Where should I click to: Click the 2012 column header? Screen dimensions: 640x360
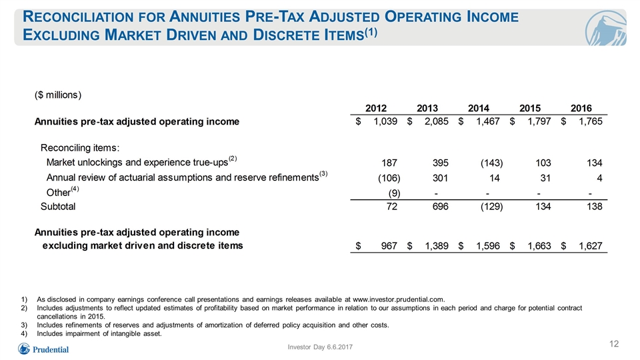click(375, 108)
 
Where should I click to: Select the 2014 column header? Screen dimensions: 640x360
click(479, 108)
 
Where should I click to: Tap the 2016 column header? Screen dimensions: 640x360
click(581, 108)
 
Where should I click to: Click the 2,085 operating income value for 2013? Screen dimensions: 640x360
click(436, 121)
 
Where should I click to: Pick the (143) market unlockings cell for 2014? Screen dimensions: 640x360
click(491, 163)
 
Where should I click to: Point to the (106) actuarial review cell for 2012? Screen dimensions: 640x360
click(389, 178)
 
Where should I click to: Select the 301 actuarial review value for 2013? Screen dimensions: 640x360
click(440, 178)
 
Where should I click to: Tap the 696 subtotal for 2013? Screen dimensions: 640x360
click(440, 207)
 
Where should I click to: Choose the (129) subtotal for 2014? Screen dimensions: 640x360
click(491, 207)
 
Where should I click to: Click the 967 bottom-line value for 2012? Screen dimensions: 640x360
click(389, 246)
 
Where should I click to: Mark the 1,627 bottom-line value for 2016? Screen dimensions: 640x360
click(590, 246)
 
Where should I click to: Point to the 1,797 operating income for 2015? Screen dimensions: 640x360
click(539, 121)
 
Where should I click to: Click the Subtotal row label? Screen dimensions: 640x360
click(58, 207)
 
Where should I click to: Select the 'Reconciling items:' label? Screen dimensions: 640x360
click(80, 148)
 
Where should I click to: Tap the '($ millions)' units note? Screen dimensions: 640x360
click(58, 95)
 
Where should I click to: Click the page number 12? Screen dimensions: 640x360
click(614, 344)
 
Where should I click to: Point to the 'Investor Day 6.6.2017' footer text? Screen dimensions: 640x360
click(320, 347)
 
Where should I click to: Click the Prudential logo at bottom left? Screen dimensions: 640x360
click(43, 349)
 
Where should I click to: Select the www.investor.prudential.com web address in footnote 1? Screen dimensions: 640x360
click(398, 299)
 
